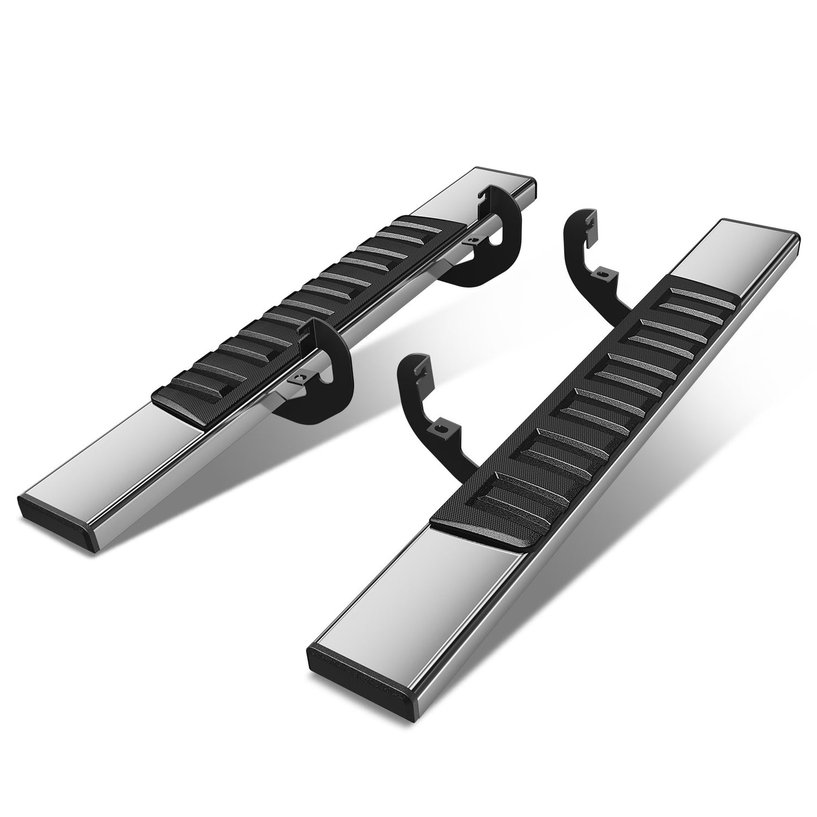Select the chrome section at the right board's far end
[x=735, y=254]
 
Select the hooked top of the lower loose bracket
[x=416, y=365]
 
